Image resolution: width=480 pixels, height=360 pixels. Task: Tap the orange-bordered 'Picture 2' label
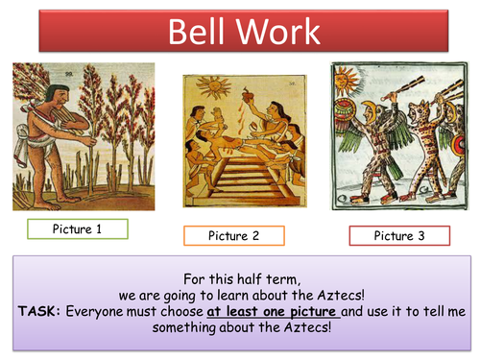[x=233, y=235]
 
